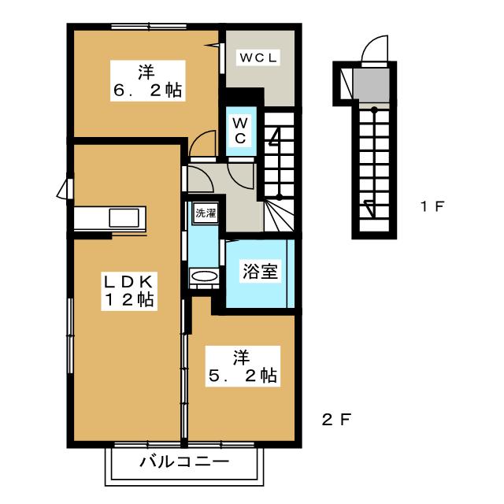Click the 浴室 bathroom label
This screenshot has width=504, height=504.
(x=258, y=272)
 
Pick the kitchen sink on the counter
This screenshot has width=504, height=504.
(x=125, y=218)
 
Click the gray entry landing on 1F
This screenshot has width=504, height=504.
(x=368, y=81)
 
